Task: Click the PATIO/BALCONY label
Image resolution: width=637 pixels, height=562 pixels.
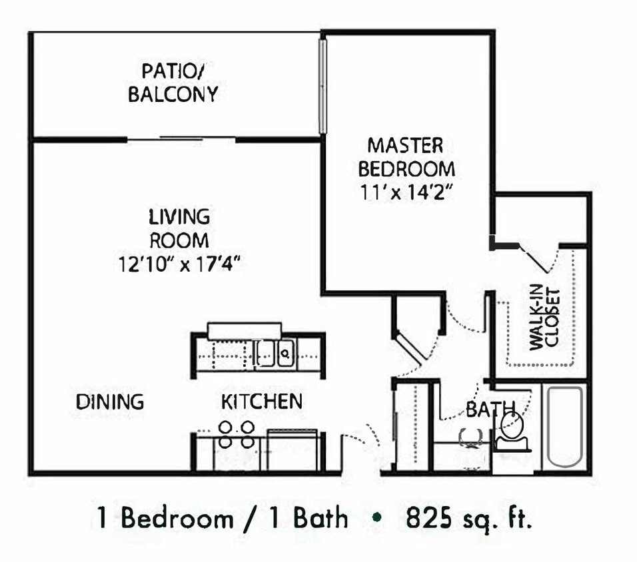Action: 173,82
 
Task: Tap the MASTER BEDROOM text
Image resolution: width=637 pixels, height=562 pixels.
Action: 406,156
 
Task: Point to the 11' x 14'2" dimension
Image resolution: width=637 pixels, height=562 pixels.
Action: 406,192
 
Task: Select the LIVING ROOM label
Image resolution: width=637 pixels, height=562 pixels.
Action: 179,228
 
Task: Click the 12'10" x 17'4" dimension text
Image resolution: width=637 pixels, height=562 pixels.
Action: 179,264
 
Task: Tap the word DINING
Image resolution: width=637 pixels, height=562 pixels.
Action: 110,402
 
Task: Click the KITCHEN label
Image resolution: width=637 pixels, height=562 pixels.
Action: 262,402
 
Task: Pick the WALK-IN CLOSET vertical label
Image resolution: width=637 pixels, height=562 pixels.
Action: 544,318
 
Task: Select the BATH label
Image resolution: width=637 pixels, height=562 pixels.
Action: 481,410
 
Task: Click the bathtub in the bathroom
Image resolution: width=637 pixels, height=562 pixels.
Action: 565,427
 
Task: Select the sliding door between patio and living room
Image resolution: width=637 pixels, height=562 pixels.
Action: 181,139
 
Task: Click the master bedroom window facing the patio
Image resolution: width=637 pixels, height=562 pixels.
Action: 322,87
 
